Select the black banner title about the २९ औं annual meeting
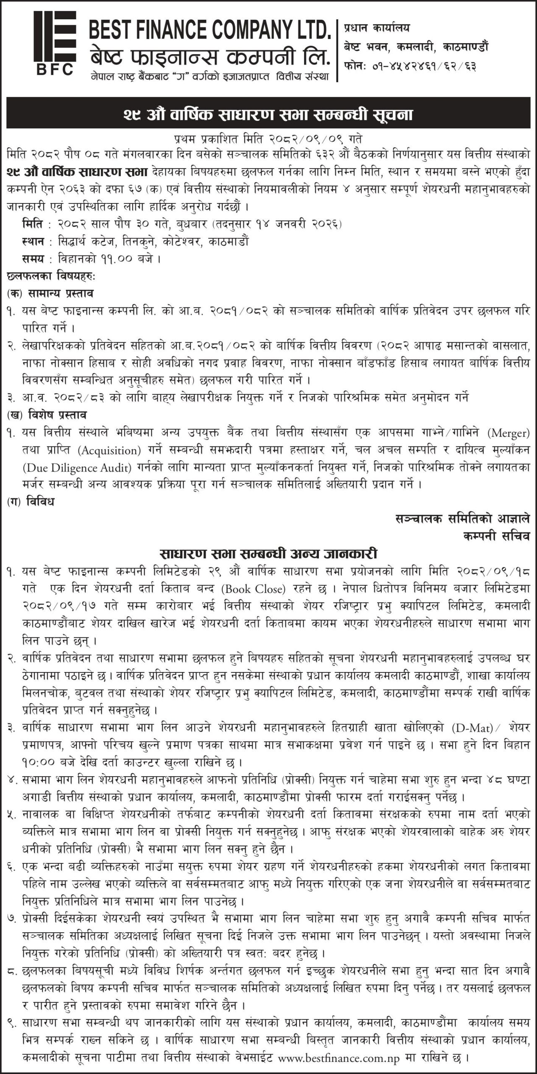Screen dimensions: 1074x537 [268, 115]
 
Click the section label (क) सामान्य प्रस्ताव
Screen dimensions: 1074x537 [50, 293]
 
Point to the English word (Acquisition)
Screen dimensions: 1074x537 [109, 450]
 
